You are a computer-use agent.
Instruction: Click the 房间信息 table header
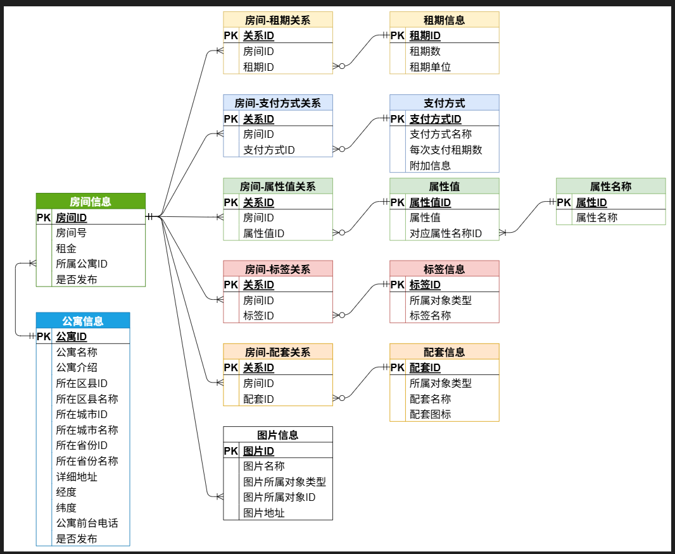pyautogui.click(x=91, y=202)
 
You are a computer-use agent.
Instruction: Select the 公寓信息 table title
pyautogui.click(x=83, y=321)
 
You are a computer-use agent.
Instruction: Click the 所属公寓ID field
pyautogui.click(x=82, y=264)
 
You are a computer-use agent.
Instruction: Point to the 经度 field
pyautogui.click(x=66, y=492)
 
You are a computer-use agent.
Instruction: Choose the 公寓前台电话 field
pyautogui.click(x=87, y=523)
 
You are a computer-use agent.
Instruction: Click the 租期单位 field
pyautogui.click(x=430, y=67)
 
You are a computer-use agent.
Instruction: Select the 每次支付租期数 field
pyautogui.click(x=446, y=150)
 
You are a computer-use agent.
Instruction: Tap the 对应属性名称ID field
pyautogui.click(x=445, y=233)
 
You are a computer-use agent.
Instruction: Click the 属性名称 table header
pyautogui.click(x=610, y=187)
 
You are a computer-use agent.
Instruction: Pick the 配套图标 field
pyautogui.click(x=430, y=414)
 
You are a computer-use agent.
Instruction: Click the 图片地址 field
pyautogui.click(x=264, y=513)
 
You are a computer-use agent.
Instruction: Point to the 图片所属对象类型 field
pyautogui.click(x=284, y=482)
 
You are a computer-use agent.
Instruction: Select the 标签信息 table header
pyautogui.click(x=444, y=269)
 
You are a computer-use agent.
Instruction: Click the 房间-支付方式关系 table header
pyautogui.click(x=277, y=103)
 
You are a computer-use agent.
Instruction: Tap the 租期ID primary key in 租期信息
pyautogui.click(x=425, y=36)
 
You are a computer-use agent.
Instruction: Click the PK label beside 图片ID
pyautogui.click(x=230, y=451)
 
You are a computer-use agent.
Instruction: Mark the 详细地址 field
pyautogui.click(x=77, y=477)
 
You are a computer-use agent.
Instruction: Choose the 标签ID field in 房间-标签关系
pyautogui.click(x=258, y=316)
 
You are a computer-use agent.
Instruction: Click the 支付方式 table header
pyautogui.click(x=444, y=103)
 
